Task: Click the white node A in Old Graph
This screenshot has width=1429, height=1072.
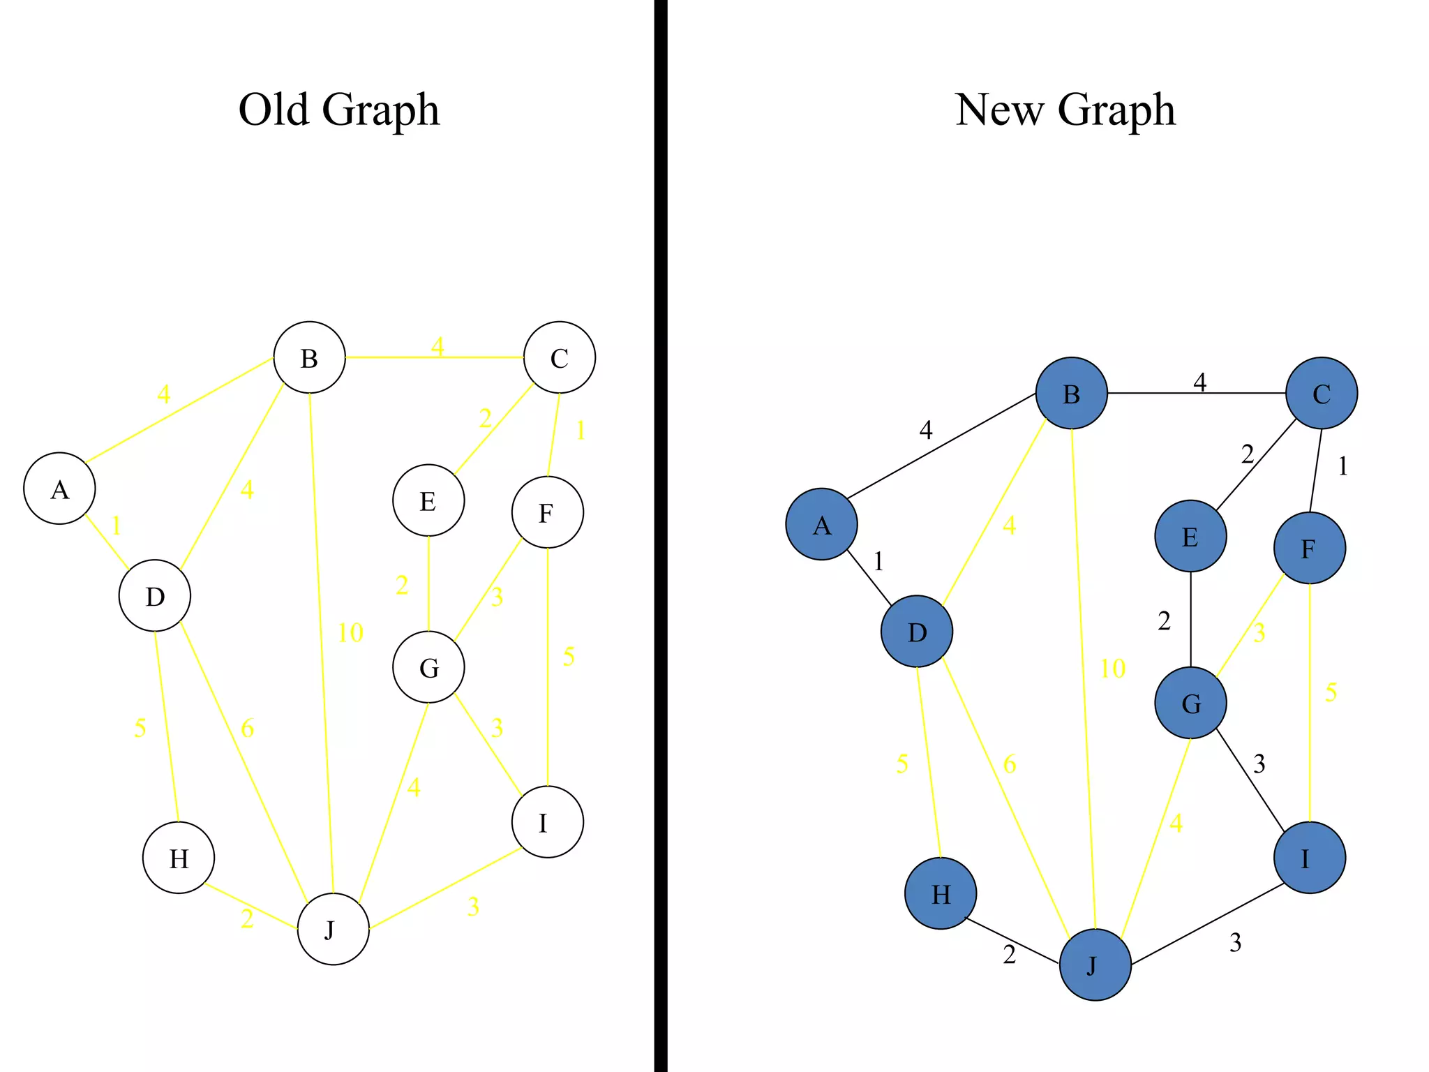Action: point(59,489)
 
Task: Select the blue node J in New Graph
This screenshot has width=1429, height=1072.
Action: point(1095,965)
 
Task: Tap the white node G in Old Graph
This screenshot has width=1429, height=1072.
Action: point(428,667)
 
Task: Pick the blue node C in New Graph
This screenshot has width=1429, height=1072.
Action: point(1321,393)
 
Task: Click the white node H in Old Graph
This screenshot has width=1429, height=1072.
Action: point(179,858)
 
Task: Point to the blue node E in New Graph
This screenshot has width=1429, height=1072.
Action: point(1190,536)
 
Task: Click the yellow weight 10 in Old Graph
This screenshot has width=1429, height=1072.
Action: point(350,633)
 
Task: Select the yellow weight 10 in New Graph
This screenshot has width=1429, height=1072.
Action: point(1112,669)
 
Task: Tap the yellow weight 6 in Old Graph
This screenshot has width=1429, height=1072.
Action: point(247,729)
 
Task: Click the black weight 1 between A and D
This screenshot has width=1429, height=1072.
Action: point(878,561)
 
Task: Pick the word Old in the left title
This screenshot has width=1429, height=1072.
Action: point(274,110)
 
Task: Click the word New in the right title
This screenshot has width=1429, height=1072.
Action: point(998,110)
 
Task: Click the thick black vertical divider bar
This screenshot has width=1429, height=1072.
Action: point(660,536)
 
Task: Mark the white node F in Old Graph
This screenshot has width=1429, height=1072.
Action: point(547,512)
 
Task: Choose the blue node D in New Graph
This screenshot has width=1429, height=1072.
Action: point(916,632)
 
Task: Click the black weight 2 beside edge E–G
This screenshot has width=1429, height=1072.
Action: point(1164,620)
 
